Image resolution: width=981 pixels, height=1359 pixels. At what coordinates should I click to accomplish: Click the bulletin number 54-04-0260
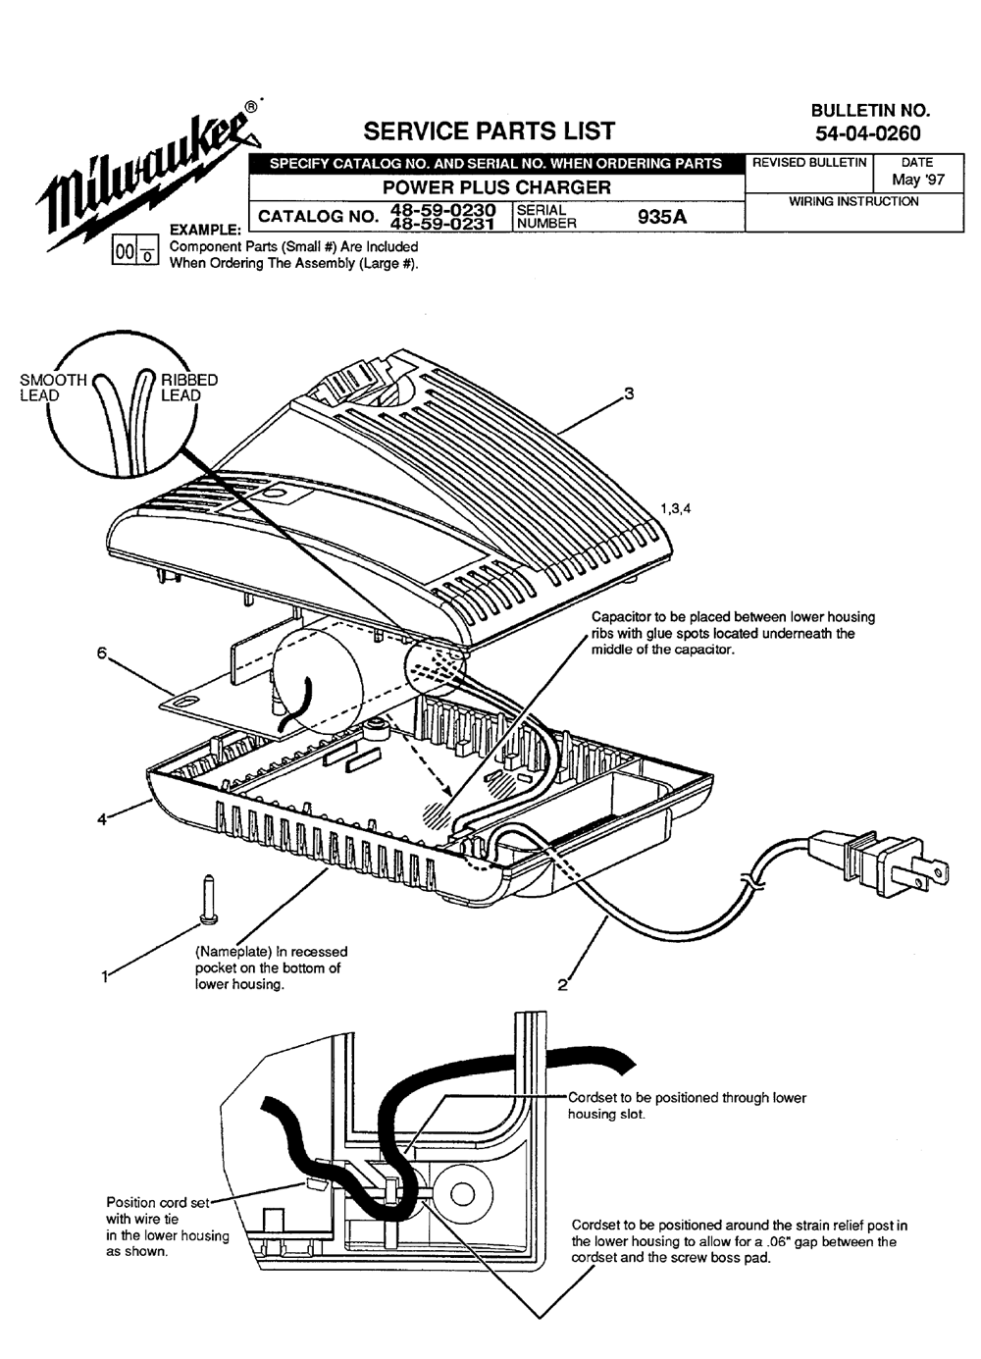point(868,133)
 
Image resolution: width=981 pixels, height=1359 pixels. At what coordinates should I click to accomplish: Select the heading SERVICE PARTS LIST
point(489,131)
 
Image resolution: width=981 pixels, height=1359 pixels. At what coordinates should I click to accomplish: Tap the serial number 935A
point(662,217)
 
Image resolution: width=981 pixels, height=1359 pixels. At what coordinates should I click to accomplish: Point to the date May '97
point(917,180)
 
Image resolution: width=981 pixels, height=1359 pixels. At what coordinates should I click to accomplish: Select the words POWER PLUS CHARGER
point(496,187)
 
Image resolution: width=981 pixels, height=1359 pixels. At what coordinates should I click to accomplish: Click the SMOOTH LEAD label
point(52,388)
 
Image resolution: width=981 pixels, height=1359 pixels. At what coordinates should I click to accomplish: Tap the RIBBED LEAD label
point(188,388)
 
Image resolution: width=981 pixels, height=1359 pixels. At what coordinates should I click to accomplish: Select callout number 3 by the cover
point(629,393)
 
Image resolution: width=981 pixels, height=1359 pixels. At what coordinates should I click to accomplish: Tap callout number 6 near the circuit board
point(101,653)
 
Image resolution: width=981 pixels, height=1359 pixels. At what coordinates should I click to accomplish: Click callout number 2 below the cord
point(562,985)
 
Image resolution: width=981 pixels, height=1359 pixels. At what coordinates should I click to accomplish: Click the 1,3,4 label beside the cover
point(676,508)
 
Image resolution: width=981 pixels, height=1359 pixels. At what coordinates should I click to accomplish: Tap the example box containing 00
point(125,252)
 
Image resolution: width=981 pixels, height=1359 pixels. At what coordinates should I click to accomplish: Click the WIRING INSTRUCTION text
point(853,201)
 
